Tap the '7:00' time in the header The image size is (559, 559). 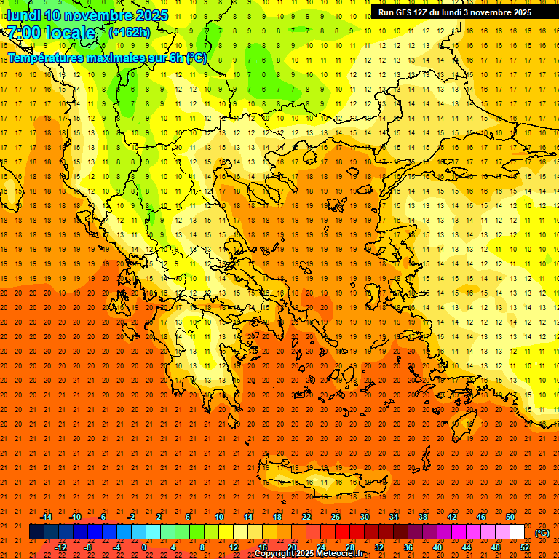[x=26, y=33]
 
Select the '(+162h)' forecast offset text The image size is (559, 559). [x=129, y=33]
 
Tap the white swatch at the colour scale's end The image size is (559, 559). [x=517, y=532]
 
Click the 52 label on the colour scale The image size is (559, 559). [x=525, y=547]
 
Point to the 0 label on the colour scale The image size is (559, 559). [x=144, y=547]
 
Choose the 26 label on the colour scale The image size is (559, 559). [x=336, y=517]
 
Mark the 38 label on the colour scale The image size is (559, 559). [x=423, y=517]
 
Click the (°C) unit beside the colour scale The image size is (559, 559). [x=542, y=533]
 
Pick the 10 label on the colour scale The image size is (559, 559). [x=218, y=517]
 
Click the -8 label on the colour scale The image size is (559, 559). [x=87, y=547]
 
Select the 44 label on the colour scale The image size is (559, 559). [x=467, y=547]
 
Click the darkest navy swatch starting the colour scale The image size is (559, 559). [x=36, y=532]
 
